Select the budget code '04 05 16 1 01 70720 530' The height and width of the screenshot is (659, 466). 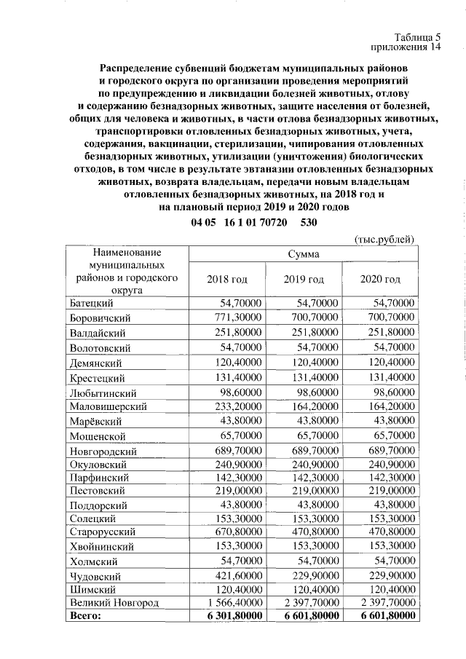click(253, 222)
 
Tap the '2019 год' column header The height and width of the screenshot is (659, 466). click(304, 280)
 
